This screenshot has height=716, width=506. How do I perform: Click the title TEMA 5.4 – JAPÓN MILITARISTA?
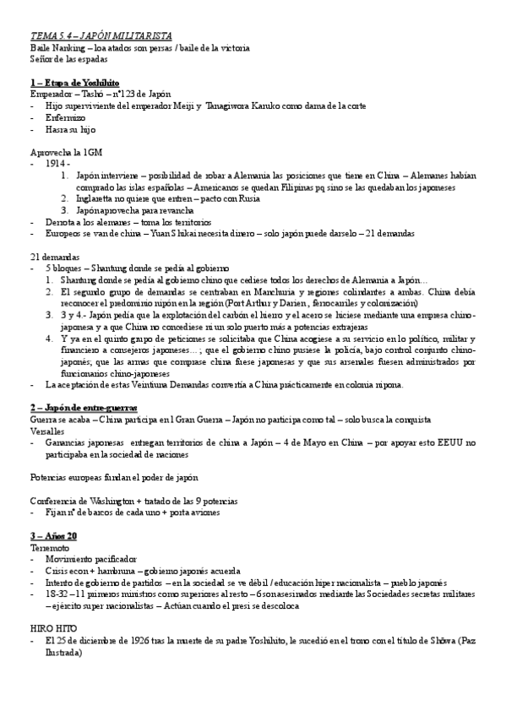[101, 36]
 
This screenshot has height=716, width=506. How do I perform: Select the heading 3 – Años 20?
[53, 536]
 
